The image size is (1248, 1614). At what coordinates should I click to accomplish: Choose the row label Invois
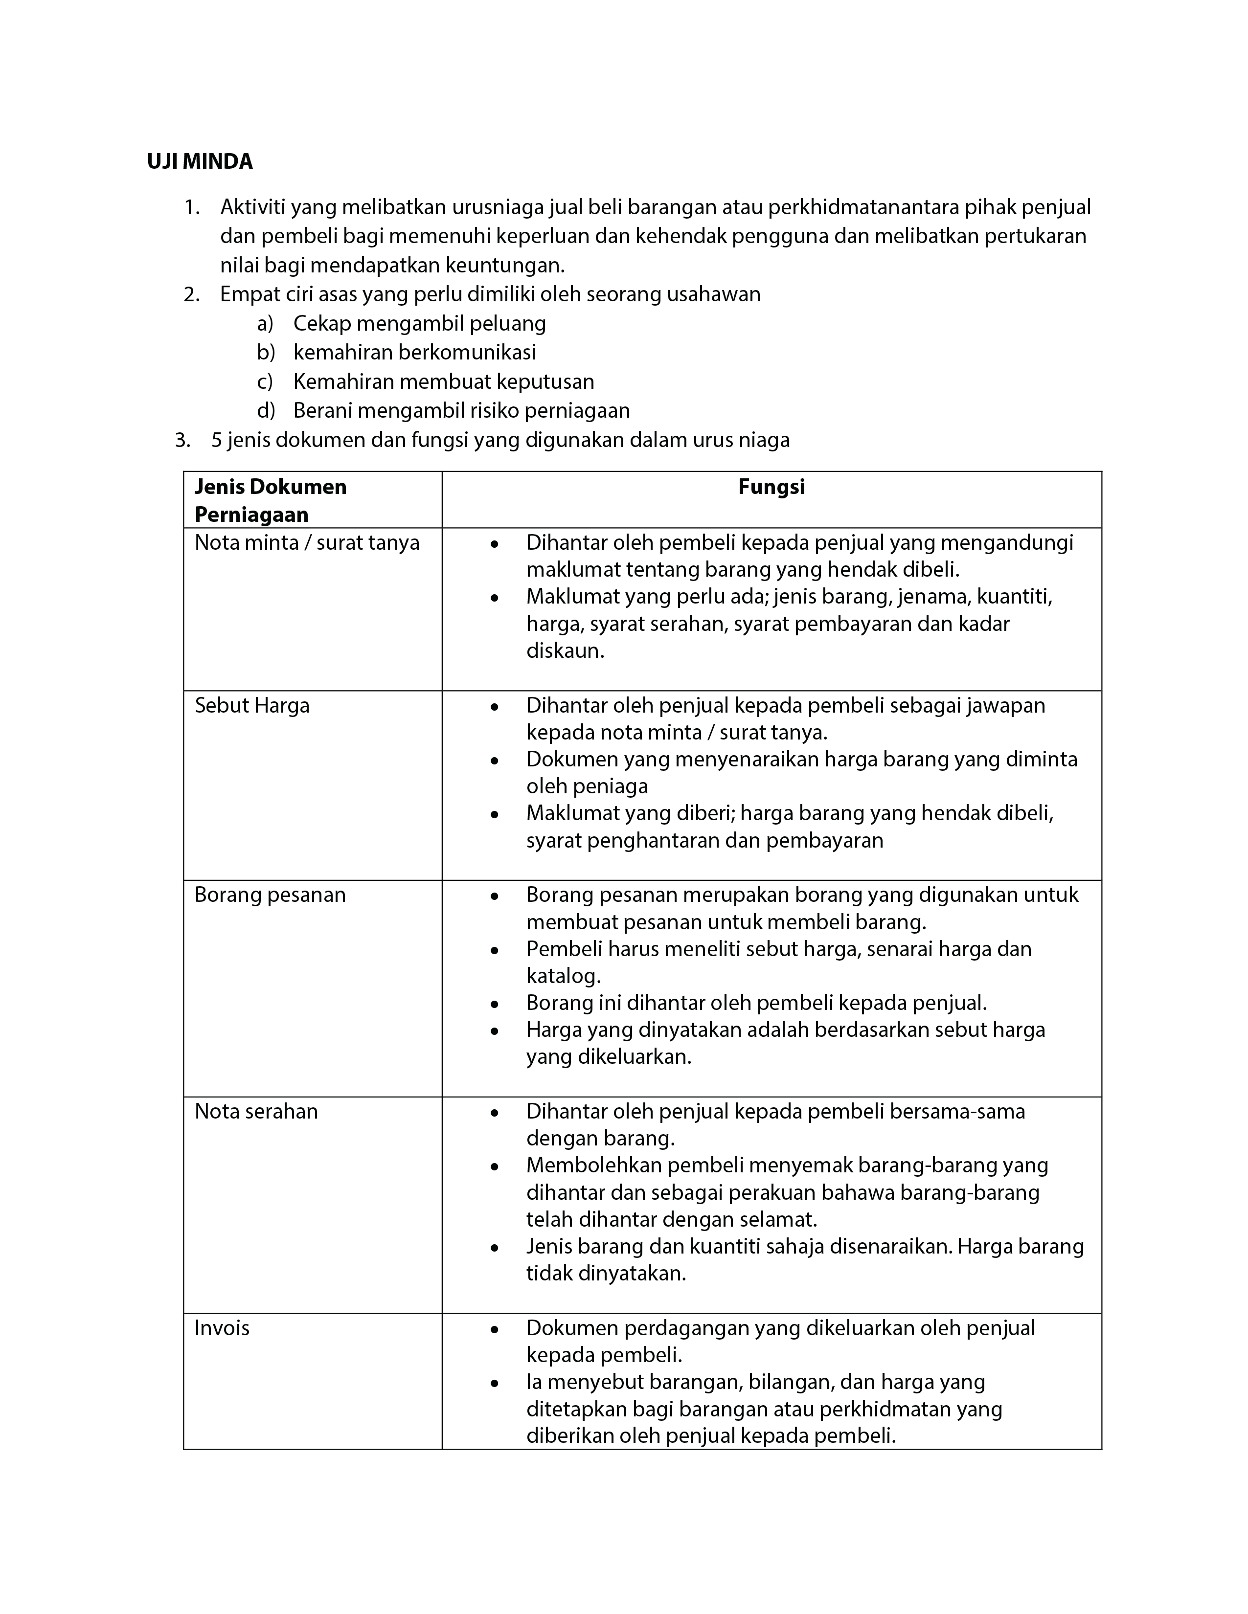[x=222, y=1327]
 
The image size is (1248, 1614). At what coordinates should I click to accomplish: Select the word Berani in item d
[x=324, y=410]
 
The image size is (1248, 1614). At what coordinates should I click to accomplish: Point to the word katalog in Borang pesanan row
[x=562, y=976]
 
